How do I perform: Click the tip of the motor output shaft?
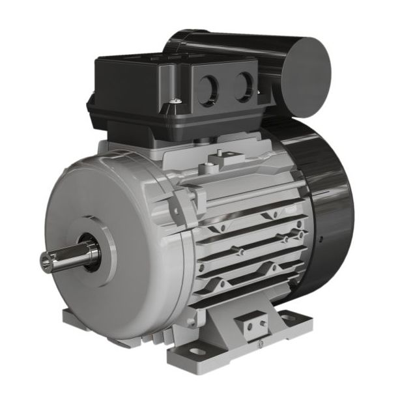[46, 261]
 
